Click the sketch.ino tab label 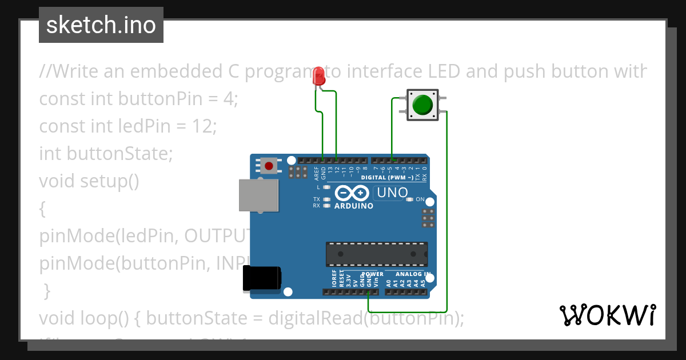click(x=101, y=25)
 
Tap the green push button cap click(x=422, y=105)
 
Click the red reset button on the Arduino click(x=269, y=166)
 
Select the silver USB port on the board click(x=259, y=195)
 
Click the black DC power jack click(x=261, y=278)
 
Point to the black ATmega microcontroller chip click(x=377, y=254)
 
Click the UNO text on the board click(x=392, y=193)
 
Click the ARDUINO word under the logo click(x=353, y=206)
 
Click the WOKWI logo click(x=607, y=315)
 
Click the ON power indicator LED click(x=409, y=199)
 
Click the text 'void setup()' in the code click(x=89, y=181)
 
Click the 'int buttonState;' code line click(x=105, y=154)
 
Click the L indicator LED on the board click(x=327, y=187)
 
